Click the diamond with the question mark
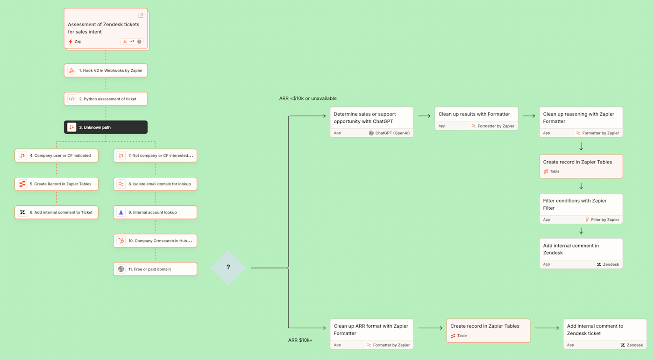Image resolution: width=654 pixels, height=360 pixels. [228, 268]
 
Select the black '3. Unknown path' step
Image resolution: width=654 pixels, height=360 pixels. [106, 127]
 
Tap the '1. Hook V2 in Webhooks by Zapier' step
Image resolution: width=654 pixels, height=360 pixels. [106, 71]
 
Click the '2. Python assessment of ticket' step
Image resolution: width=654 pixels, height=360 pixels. [106, 99]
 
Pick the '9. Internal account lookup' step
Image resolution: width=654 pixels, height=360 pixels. [155, 212]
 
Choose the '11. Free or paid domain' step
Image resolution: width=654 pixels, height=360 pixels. [155, 269]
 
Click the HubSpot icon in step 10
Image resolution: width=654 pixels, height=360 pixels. [121, 241]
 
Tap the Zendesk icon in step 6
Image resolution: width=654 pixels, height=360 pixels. [22, 212]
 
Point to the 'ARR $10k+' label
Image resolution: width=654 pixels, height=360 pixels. [300, 340]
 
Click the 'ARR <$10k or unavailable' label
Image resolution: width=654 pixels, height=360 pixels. [308, 99]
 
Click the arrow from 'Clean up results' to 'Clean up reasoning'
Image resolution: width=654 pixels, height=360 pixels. [529, 116]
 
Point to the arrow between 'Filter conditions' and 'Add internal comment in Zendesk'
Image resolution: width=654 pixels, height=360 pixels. [581, 231]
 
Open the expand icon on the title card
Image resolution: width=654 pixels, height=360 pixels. [141, 16]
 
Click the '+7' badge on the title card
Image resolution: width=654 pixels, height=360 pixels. [132, 42]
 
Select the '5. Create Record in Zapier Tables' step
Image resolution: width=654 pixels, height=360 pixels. [57, 184]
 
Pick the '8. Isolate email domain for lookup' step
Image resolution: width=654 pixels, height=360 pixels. [155, 184]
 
